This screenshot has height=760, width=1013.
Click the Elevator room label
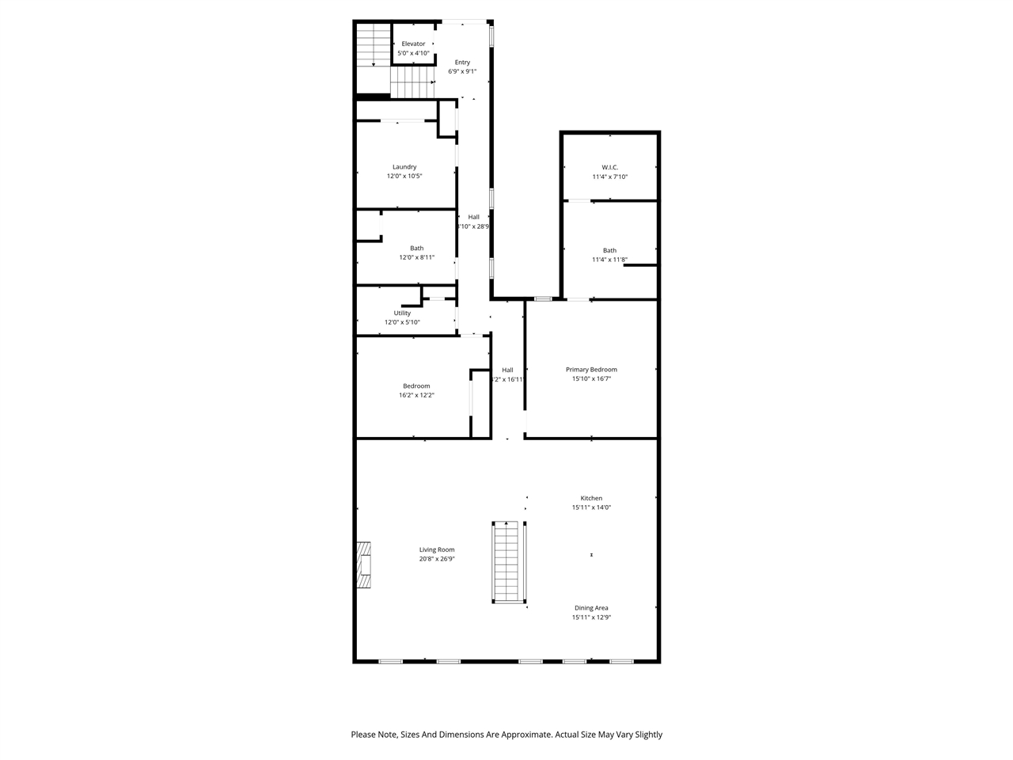click(x=413, y=44)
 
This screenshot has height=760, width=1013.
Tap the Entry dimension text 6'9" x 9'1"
click(x=462, y=71)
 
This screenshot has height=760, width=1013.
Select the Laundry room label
click(x=404, y=167)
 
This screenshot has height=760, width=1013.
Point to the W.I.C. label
click(x=609, y=167)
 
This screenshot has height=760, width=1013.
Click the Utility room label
click(x=402, y=313)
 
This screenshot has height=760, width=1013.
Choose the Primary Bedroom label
click(x=591, y=370)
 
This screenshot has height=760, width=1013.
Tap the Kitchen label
click(x=591, y=498)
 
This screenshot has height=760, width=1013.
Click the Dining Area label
click(x=591, y=608)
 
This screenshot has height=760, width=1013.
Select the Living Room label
click(x=437, y=549)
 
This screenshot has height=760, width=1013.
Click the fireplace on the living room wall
click(x=364, y=565)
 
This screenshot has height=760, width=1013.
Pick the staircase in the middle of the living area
click(x=509, y=563)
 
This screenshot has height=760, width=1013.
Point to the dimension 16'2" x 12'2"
click(x=416, y=395)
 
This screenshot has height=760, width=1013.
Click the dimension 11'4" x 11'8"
click(x=609, y=260)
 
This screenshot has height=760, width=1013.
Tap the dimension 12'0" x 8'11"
click(x=416, y=257)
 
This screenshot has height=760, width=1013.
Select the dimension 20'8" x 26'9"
click(x=437, y=559)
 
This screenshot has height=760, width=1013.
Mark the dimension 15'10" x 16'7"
click(x=591, y=378)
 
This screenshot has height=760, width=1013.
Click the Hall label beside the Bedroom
click(x=507, y=370)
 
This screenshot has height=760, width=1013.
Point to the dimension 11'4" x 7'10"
click(x=609, y=177)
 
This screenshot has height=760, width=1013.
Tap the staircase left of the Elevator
click(x=373, y=46)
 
